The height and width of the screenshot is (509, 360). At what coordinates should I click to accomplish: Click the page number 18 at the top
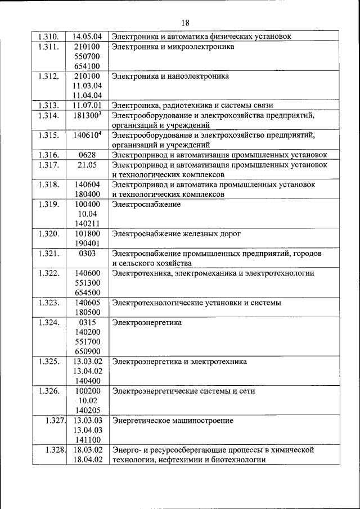186,22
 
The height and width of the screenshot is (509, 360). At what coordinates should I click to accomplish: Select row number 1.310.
49,37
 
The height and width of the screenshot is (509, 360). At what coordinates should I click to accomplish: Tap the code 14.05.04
87,37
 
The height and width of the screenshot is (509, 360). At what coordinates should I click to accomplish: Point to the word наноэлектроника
201,76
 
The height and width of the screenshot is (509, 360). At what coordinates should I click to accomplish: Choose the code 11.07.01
87,105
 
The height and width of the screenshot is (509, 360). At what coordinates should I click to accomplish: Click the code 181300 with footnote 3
86,115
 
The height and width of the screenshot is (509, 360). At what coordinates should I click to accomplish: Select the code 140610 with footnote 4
86,135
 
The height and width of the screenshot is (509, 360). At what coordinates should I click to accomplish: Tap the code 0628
87,155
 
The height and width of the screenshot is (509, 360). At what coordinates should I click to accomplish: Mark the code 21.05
87,164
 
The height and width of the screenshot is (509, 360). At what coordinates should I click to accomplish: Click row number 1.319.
49,204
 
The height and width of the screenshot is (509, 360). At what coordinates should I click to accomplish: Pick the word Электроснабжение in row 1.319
146,204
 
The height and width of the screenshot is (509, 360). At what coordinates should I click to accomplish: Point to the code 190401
87,243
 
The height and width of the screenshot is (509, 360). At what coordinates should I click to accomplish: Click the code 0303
87,253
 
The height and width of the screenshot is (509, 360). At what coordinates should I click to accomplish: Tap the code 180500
87,312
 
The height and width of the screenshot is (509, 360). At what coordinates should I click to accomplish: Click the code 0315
87,322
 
